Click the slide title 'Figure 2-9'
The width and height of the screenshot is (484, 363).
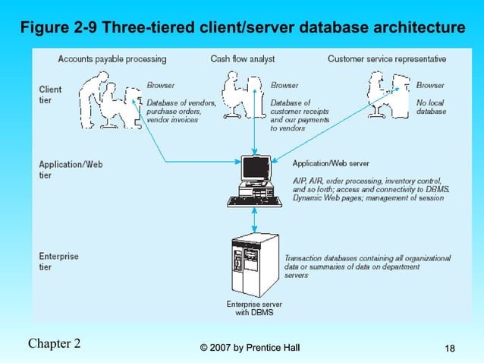click(242, 28)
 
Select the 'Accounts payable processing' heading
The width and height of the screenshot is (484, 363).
click(112, 59)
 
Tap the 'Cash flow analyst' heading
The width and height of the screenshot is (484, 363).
click(242, 59)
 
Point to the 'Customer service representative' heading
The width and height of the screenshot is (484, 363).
click(386, 59)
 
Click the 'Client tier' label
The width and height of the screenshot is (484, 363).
click(50, 94)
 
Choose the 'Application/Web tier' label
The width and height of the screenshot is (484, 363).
click(71, 169)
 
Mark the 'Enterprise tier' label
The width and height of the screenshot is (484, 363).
click(58, 261)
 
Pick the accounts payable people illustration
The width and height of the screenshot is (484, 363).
click(111, 99)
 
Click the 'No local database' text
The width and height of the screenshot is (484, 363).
click(431, 107)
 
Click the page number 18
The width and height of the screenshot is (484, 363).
click(450, 348)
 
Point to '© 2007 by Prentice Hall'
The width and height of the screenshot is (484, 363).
click(250, 348)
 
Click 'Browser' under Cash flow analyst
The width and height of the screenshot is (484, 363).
click(284, 85)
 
